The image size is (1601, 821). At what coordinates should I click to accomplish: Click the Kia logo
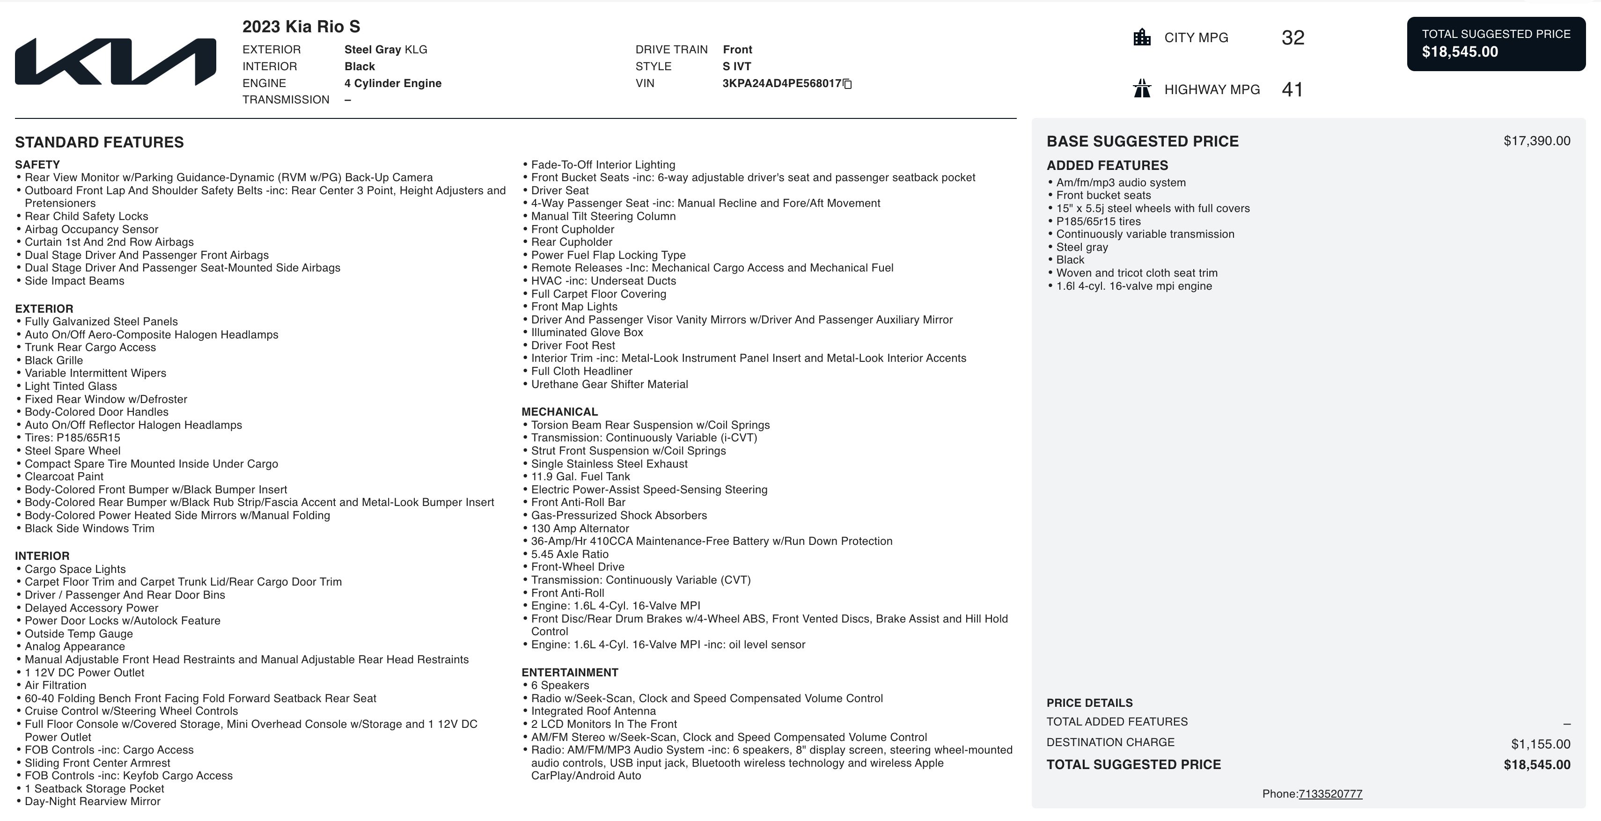(x=116, y=61)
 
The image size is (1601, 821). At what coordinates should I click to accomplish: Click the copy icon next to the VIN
(x=847, y=84)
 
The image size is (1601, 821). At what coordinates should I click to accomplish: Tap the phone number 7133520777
(x=1330, y=794)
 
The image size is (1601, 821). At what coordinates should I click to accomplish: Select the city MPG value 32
(x=1293, y=38)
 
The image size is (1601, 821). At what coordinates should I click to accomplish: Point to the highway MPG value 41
(x=1292, y=89)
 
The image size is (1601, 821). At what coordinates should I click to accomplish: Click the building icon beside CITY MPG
(x=1142, y=37)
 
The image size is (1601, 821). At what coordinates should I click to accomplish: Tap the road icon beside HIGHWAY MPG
(x=1142, y=89)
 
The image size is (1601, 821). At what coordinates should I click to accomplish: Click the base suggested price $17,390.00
(x=1536, y=141)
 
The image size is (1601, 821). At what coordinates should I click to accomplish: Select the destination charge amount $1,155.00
(x=1540, y=744)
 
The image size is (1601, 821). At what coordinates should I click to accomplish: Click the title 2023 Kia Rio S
(x=301, y=27)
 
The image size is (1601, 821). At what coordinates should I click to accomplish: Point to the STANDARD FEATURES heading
(x=99, y=142)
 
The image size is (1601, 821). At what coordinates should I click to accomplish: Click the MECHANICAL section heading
(x=559, y=412)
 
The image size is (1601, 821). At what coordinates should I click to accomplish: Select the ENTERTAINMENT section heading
(x=569, y=673)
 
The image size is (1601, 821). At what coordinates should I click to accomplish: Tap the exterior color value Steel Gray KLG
(x=385, y=50)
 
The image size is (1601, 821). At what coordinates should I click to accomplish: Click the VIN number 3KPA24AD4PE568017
(x=781, y=83)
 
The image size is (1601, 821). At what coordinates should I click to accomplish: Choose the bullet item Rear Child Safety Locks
(x=87, y=216)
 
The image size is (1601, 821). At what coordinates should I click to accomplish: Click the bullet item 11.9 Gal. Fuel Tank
(x=580, y=476)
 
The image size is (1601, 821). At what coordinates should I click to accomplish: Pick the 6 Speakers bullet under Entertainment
(x=560, y=686)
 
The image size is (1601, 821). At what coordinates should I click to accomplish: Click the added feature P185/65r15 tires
(x=1098, y=221)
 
